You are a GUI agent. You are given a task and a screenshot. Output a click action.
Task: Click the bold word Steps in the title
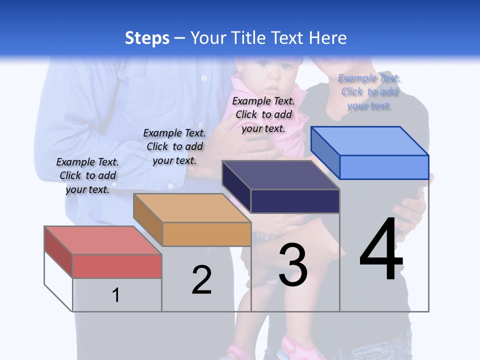pos(147,38)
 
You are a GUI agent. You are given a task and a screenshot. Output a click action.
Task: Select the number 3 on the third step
pos(293,265)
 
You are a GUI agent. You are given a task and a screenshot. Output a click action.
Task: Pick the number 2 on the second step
pos(201,279)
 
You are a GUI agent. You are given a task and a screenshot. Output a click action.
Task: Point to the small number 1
pos(115,295)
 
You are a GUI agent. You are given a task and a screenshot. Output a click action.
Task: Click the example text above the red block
pos(87,175)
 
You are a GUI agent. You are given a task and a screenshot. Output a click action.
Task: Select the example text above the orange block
pos(174,146)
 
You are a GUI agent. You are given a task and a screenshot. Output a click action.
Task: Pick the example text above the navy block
pos(263,114)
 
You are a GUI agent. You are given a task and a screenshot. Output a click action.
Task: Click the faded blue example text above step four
pos(369,92)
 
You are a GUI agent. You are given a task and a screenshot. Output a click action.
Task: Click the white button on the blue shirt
pos(203,78)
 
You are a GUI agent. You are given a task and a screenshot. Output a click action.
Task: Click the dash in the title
pos(179,38)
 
